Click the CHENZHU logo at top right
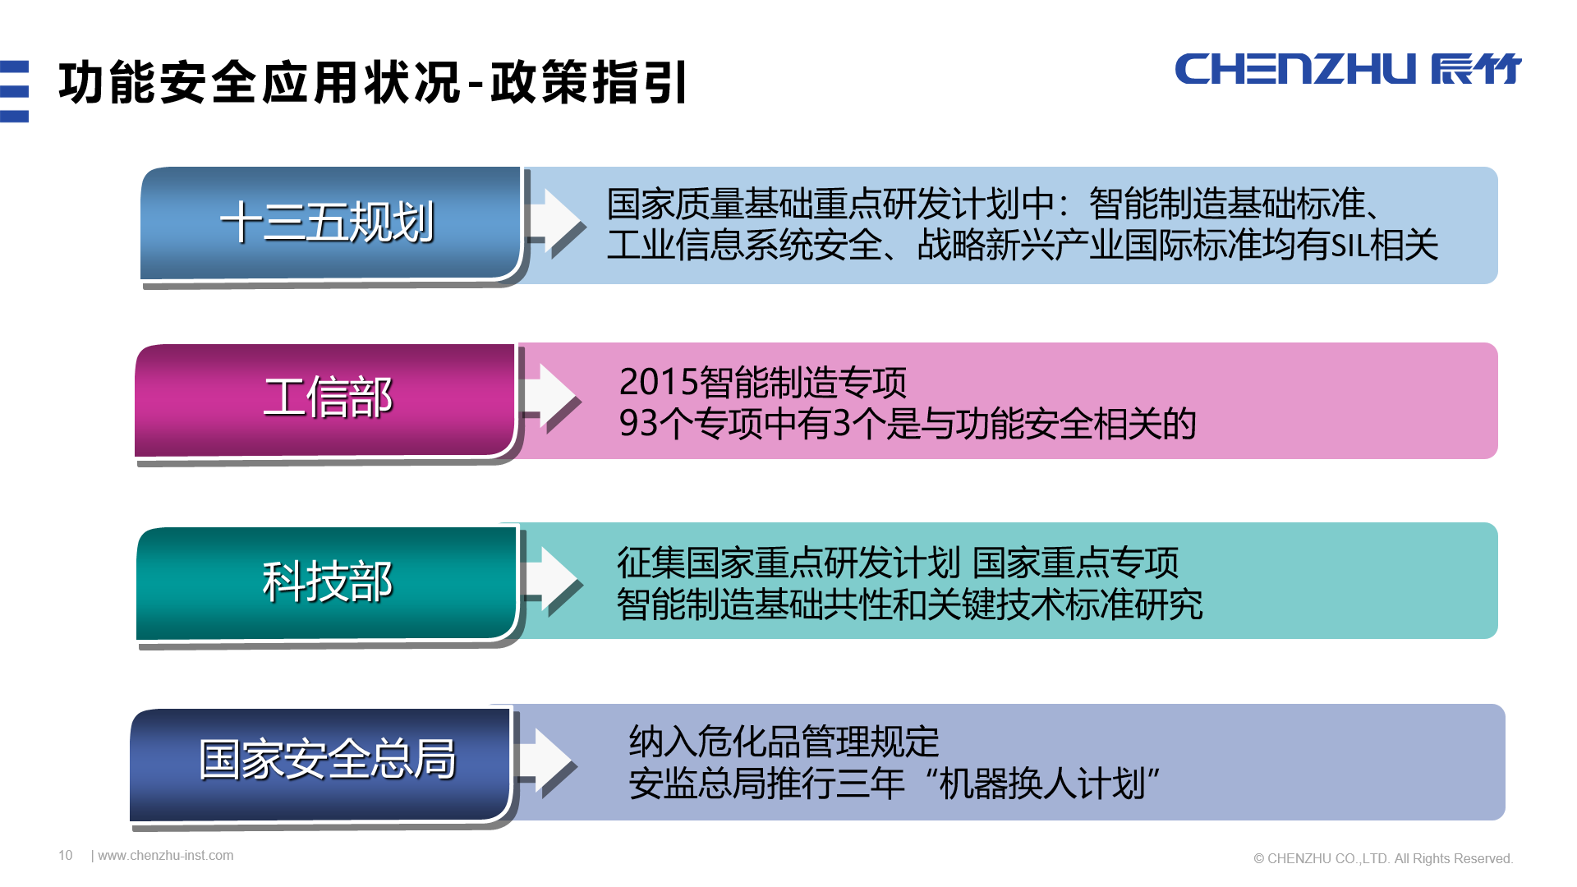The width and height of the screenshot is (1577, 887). (x=1347, y=69)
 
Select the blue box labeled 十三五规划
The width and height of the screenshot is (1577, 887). (x=329, y=223)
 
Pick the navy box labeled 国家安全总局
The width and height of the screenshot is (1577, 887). (x=326, y=760)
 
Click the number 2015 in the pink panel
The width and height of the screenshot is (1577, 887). (x=658, y=383)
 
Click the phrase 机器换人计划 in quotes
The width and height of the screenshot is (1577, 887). (x=1049, y=784)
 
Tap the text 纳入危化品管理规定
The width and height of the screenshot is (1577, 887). (x=784, y=742)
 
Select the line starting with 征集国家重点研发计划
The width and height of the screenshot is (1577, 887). (x=897, y=563)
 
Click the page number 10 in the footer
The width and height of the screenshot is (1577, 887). (x=66, y=856)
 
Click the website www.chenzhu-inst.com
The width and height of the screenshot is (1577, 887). (x=165, y=856)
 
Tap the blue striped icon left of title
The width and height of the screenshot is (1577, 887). (x=15, y=91)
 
